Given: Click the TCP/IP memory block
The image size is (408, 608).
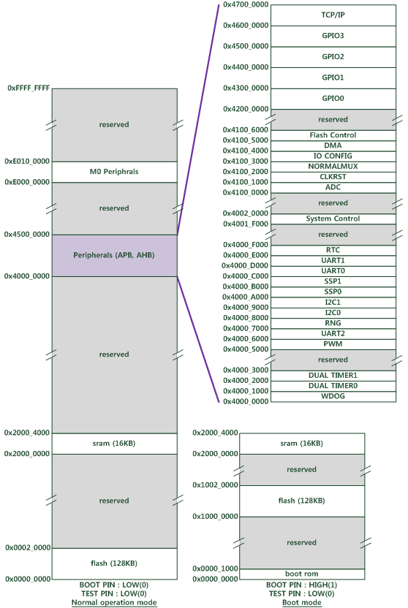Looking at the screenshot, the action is point(333,15).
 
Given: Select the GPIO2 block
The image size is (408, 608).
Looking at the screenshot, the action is point(333,57).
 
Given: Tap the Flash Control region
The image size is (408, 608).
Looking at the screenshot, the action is point(333,135).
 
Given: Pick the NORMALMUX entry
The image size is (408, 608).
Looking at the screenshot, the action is point(333,167).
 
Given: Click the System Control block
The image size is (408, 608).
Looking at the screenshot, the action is point(333,218).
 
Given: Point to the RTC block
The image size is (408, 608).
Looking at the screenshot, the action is point(333,250).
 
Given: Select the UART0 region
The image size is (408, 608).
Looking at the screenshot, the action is point(333,271).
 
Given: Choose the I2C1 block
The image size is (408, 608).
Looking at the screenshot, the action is point(333,303).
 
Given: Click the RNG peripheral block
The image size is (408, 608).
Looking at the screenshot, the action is point(333,324).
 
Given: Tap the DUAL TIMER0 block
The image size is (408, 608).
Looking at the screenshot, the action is point(333,386).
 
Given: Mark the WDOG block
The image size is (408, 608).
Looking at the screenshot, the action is point(333,396).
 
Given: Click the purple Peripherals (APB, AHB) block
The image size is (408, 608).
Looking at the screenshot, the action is point(115,256).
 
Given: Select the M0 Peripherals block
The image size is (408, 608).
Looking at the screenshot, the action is point(115,172).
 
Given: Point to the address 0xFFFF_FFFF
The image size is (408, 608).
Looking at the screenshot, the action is point(29,88).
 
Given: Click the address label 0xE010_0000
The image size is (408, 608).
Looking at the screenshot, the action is point(27,161).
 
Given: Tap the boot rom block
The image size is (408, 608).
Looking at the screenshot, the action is point(302,574).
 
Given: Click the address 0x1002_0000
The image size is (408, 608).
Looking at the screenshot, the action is point(215,485).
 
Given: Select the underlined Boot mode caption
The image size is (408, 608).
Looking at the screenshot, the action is point(302,603).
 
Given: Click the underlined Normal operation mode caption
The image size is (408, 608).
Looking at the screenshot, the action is point(114,603).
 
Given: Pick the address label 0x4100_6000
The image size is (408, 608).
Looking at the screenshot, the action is point(245,130).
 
